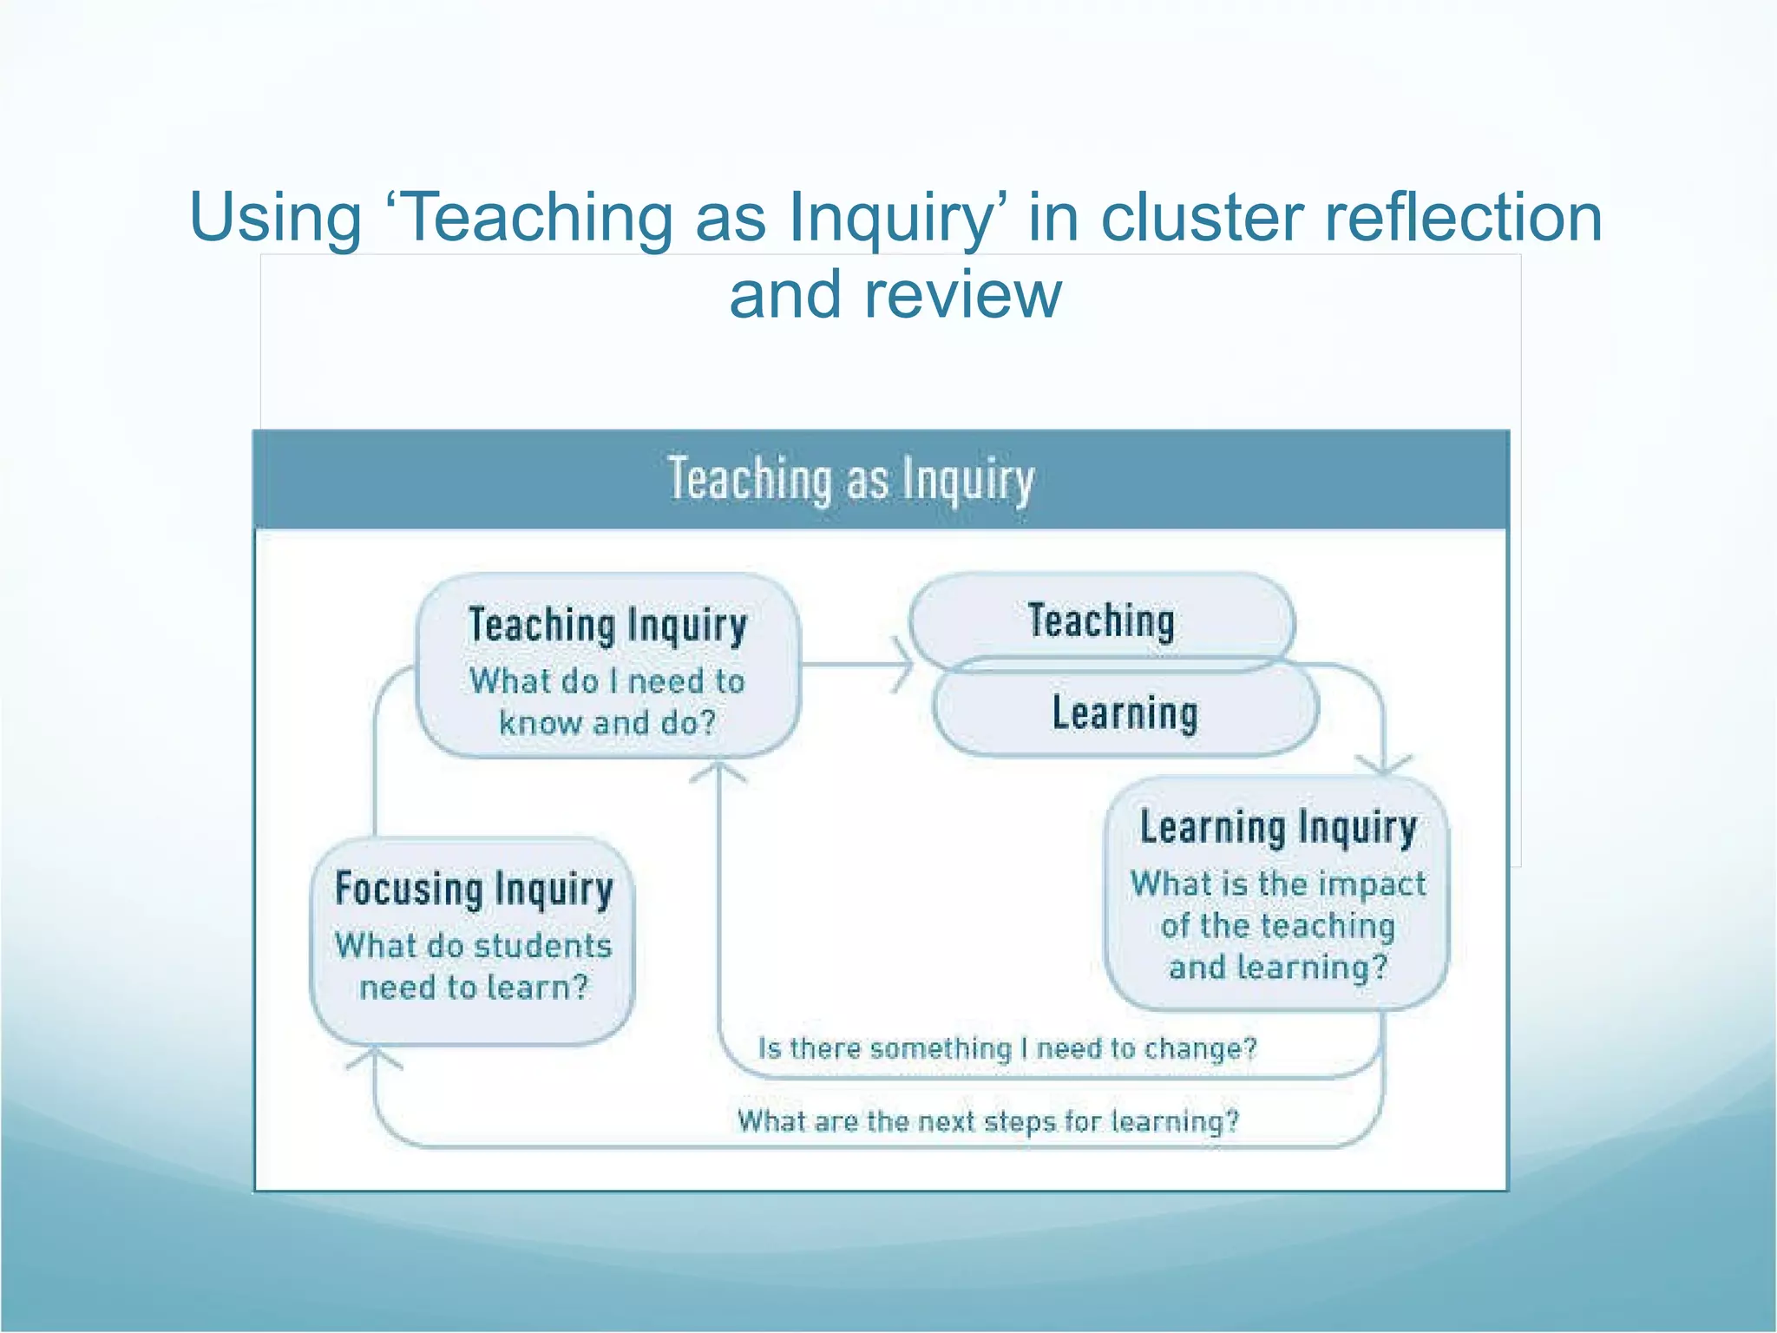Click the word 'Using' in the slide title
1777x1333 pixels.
coord(275,218)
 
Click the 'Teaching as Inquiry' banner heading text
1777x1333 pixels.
coord(851,480)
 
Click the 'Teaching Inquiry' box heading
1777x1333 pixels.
coord(607,625)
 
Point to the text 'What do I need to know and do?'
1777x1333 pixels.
coord(607,701)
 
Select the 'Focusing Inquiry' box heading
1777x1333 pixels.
coord(474,890)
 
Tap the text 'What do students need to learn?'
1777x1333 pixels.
coord(474,966)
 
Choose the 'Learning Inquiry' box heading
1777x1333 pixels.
coord(1278,827)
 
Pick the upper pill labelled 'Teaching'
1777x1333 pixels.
coord(1101,621)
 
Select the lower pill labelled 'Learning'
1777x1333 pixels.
coord(1125,713)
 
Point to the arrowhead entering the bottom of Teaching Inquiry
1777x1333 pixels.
coord(718,771)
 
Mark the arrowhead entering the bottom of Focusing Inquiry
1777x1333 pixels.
coord(374,1057)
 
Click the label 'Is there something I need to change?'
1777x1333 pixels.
coord(1007,1048)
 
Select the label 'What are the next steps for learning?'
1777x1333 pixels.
coord(988,1121)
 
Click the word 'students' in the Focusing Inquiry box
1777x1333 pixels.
coord(548,945)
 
